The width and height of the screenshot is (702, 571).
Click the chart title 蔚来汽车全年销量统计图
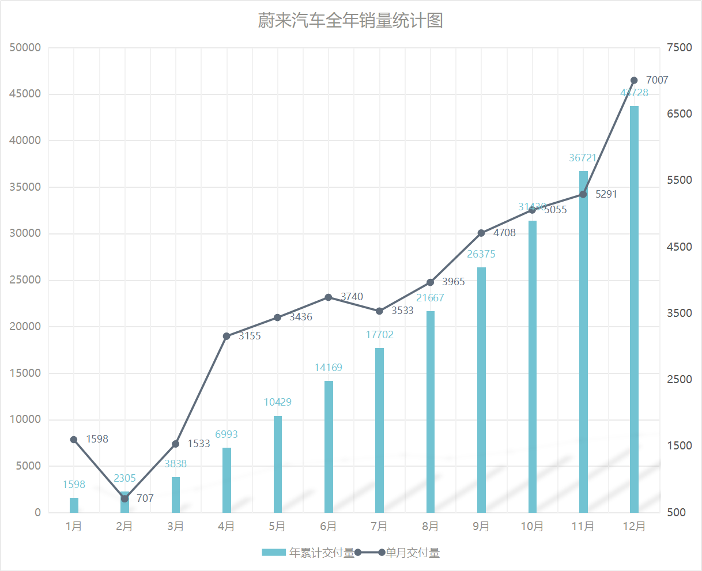pos(350,21)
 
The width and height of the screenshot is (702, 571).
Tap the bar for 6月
pos(329,447)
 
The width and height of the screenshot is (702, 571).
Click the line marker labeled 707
pos(124,498)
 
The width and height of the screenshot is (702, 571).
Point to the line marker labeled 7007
pos(634,81)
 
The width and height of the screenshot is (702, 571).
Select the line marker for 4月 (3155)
pos(227,336)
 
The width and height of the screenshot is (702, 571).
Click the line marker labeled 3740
pos(329,297)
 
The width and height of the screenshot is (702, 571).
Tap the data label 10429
pos(278,402)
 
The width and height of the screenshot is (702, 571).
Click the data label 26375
pos(481,254)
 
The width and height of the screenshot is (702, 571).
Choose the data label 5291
pos(606,194)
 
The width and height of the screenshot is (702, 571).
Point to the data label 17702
pos(380,335)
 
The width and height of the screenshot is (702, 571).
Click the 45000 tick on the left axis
pos(25,94)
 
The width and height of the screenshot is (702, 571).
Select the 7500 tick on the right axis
pos(680,48)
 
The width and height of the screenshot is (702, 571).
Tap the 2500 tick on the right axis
pos(680,380)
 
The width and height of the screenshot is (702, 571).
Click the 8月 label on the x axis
pos(431,527)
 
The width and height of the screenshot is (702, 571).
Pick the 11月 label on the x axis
pos(583,527)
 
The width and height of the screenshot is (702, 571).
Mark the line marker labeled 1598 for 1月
pos(74,440)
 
